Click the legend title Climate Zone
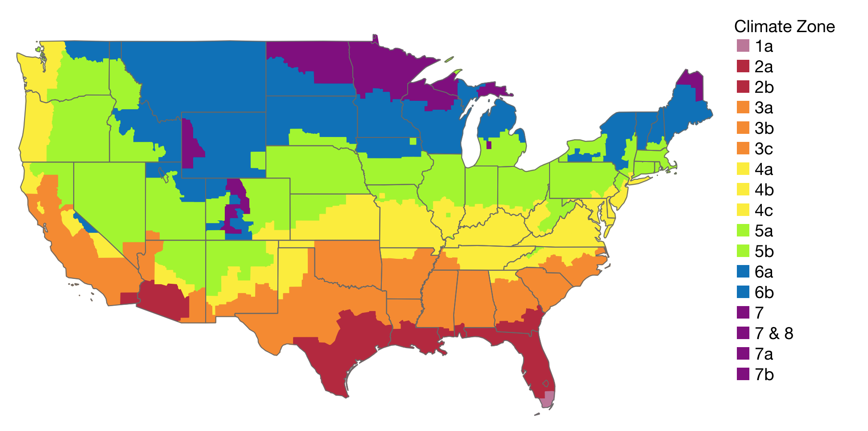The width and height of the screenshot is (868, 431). (x=784, y=27)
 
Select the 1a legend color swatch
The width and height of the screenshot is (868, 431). (x=743, y=46)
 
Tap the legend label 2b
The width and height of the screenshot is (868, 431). (x=764, y=87)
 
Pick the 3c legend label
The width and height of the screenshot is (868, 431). (x=764, y=149)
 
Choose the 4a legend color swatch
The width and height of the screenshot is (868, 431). (x=743, y=169)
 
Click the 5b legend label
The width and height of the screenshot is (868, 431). (x=764, y=251)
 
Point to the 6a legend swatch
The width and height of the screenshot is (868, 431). (x=743, y=272)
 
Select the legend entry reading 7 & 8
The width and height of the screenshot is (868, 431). (x=774, y=333)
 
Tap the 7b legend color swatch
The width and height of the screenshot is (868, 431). (x=743, y=374)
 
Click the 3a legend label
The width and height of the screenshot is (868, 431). (x=764, y=108)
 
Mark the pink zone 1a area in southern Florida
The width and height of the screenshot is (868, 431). (x=548, y=399)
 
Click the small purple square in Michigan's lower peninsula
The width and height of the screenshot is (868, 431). (x=489, y=145)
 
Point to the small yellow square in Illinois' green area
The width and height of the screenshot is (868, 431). (x=448, y=215)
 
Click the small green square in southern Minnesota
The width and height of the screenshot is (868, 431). (x=413, y=141)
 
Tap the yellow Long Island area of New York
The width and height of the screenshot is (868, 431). (x=642, y=180)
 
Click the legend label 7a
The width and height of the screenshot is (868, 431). (x=764, y=354)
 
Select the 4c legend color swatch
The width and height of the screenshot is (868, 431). (x=743, y=210)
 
